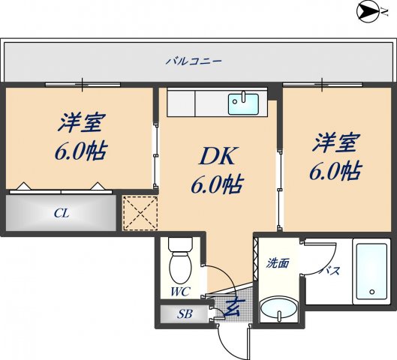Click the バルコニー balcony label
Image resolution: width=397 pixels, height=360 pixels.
(x=194, y=60)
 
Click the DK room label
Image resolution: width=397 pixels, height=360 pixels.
(x=217, y=157)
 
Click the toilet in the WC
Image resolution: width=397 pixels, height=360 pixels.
(x=180, y=259)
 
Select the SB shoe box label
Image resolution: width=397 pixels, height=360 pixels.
(x=184, y=313)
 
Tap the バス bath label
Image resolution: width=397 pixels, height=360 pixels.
(x=329, y=270)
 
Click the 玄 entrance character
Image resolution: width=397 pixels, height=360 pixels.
(x=233, y=307)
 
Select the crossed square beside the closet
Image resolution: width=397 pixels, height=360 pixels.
(x=140, y=212)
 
